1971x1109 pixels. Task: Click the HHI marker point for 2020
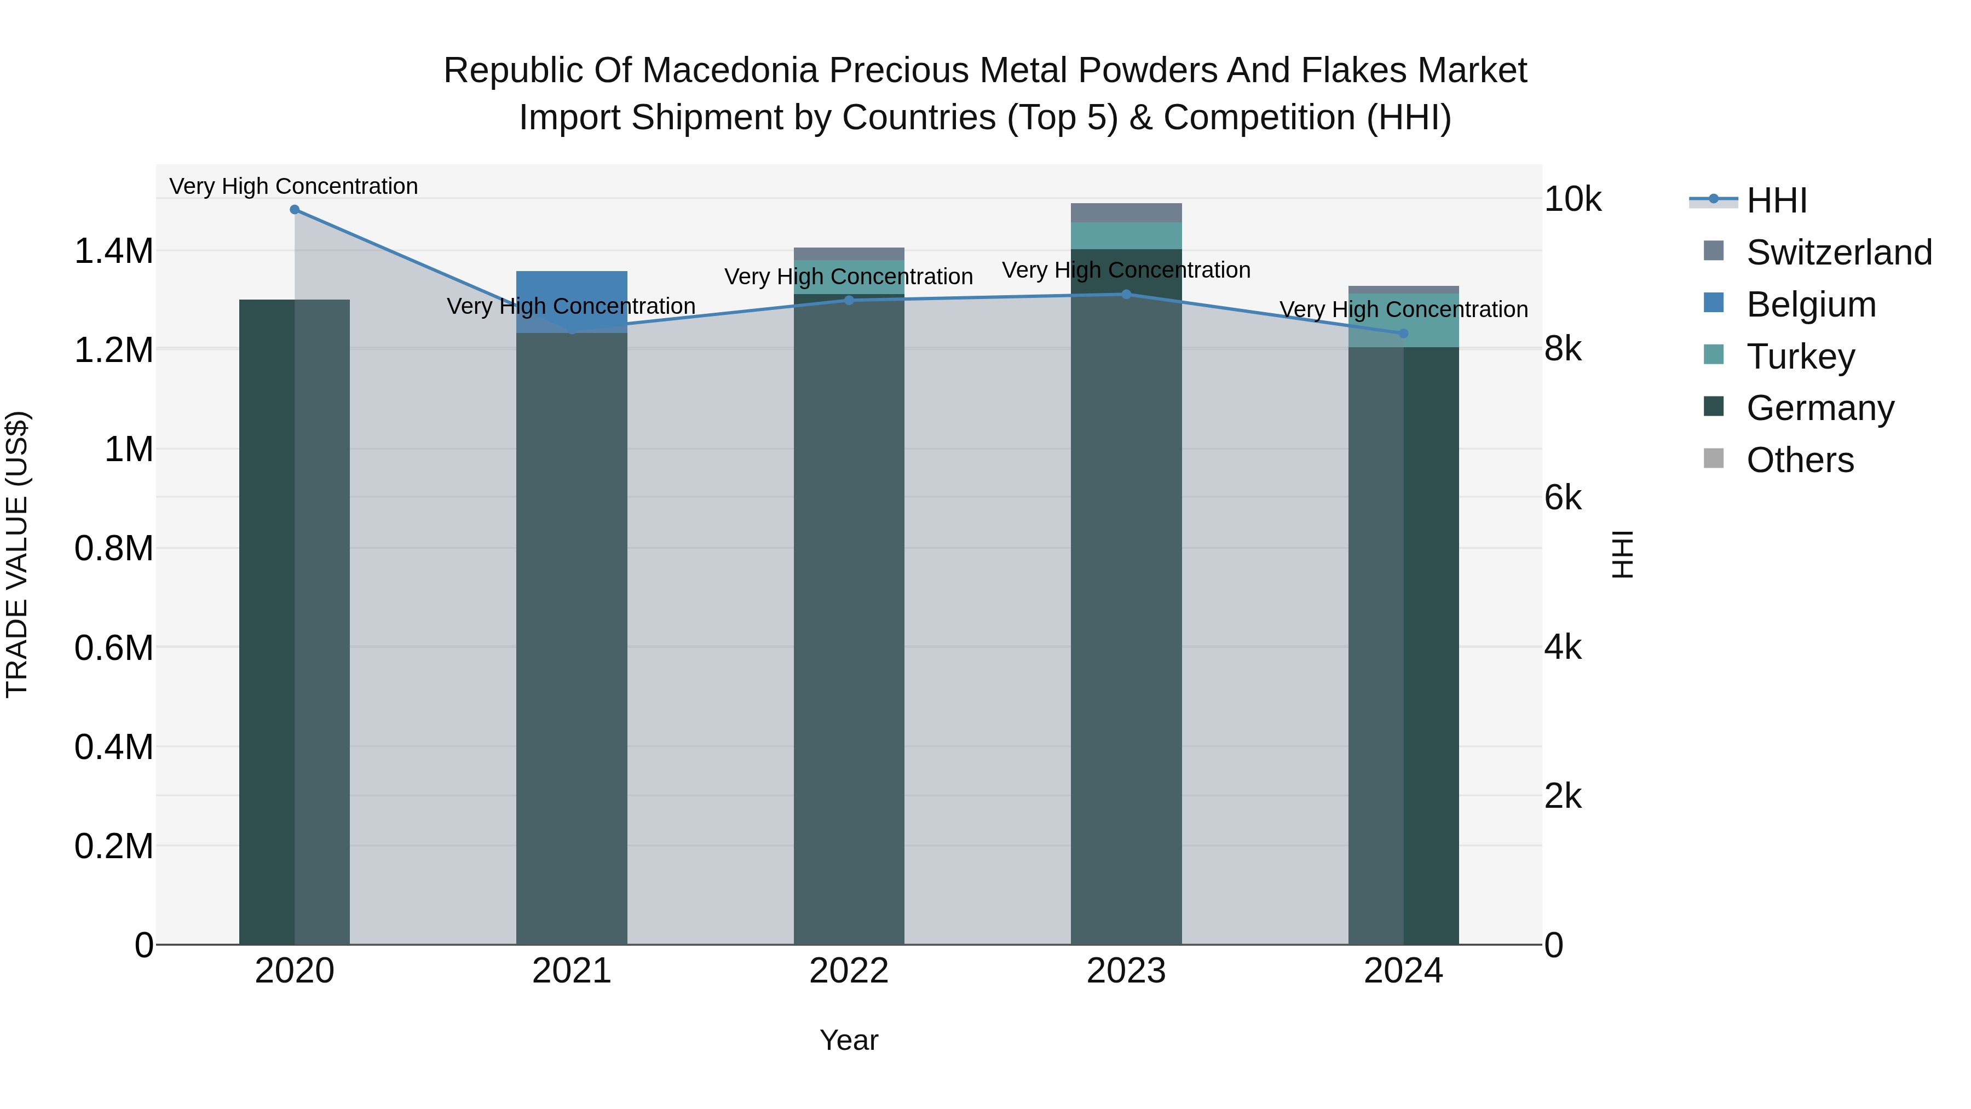pos(295,210)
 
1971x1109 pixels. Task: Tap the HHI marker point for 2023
pos(1126,294)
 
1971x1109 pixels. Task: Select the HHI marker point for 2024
pos(1403,333)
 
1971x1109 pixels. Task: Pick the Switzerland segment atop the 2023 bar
pos(1126,213)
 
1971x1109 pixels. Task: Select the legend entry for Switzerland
pos(1838,252)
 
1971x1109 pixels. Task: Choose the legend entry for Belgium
pos(1811,304)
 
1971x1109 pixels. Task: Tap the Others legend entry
pos(1800,460)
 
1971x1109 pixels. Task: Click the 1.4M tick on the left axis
pos(113,251)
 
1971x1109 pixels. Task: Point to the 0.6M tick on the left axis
pos(113,647)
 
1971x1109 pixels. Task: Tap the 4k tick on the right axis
pos(1563,647)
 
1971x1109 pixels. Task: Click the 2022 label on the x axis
pos(849,971)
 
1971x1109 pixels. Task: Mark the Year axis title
pos(849,1040)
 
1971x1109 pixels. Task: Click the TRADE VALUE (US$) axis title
pos(17,554)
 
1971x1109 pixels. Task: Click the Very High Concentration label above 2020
pos(294,186)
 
